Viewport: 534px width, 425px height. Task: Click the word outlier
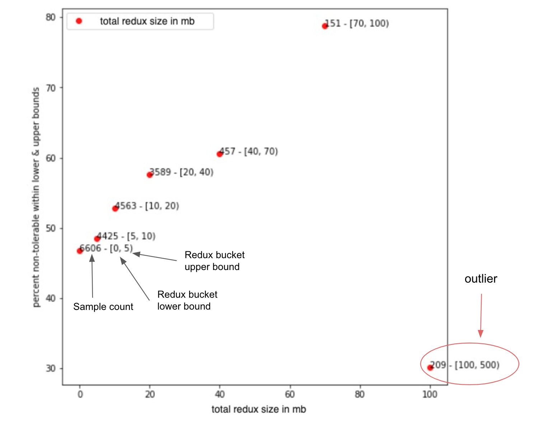pyautogui.click(x=481, y=279)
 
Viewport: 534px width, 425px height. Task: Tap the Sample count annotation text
pyautogui.click(x=103, y=307)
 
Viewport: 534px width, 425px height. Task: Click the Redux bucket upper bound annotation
pyautogui.click(x=214, y=261)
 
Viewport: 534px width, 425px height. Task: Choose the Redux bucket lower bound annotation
pyautogui.click(x=187, y=300)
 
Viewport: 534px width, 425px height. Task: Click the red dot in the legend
pyautogui.click(x=79, y=21)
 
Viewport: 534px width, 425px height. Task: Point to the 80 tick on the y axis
pyautogui.click(x=51, y=17)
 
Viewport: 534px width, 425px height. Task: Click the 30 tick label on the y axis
pyautogui.click(x=51, y=369)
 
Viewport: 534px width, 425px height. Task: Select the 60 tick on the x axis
pyautogui.click(x=290, y=394)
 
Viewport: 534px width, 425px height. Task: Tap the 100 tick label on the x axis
pyautogui.click(x=430, y=394)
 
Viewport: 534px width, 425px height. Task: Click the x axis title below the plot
pyautogui.click(x=258, y=409)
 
